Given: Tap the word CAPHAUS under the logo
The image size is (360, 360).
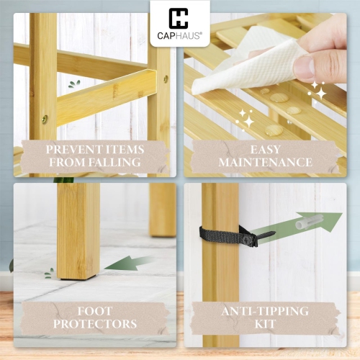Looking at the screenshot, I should coord(179,35).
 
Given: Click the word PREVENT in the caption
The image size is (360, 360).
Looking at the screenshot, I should coord(71,150).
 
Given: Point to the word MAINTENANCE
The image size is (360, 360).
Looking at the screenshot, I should coord(267,163).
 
